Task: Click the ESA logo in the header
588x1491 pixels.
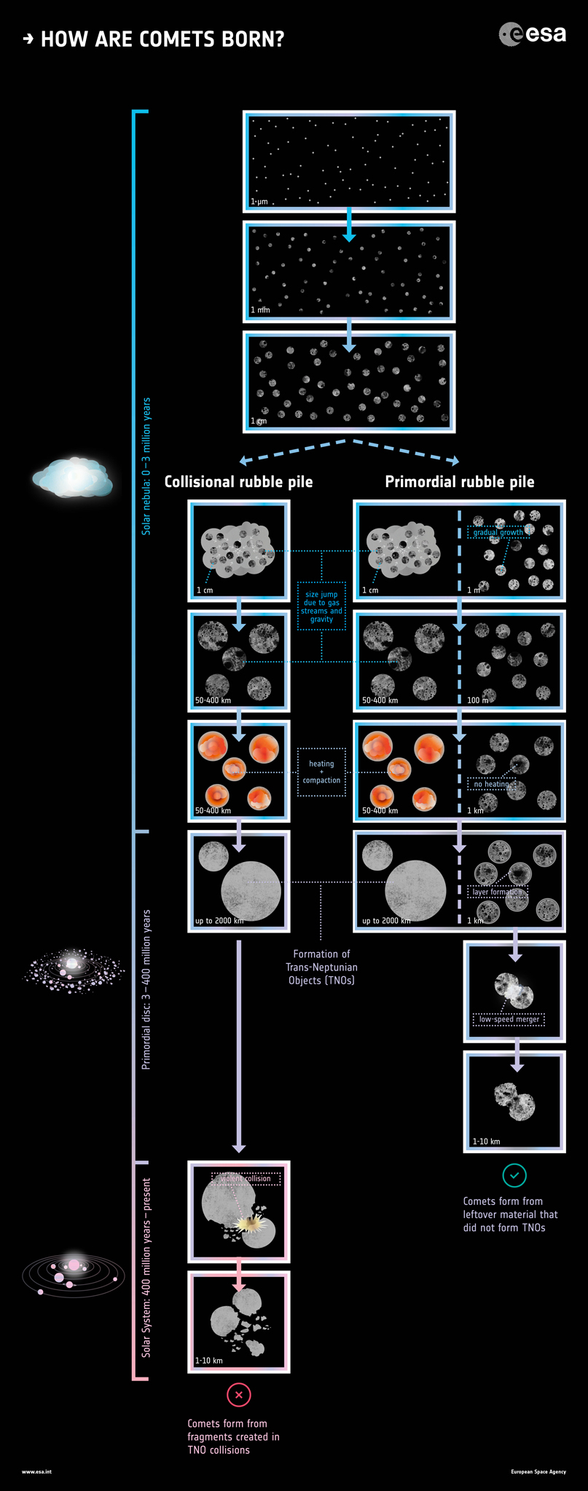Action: coord(532,34)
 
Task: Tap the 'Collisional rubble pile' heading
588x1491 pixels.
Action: coord(238,482)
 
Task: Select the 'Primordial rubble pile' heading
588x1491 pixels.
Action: coord(459,482)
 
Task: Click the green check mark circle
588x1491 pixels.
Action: coord(514,1175)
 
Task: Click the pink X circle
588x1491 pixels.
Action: coord(239,1395)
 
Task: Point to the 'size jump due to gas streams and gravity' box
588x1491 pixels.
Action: coord(321,606)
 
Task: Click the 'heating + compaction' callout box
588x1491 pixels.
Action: coord(321,772)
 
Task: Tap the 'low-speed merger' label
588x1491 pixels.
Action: coord(509,1019)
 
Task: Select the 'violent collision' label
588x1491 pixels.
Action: coord(246,1179)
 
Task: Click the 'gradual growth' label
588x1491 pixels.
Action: coord(497,532)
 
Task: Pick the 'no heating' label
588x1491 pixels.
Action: coord(491,784)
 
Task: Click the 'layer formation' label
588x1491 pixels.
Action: coord(497,892)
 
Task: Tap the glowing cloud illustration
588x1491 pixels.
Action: coord(72,478)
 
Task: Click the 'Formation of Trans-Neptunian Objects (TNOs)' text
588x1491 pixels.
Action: coord(321,967)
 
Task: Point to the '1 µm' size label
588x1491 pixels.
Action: coord(259,201)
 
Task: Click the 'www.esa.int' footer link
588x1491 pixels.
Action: coord(36,1471)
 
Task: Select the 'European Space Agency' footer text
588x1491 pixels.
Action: coord(538,1471)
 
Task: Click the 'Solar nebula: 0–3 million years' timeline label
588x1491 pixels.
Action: coord(146,466)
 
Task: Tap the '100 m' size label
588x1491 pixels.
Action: coord(478,700)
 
